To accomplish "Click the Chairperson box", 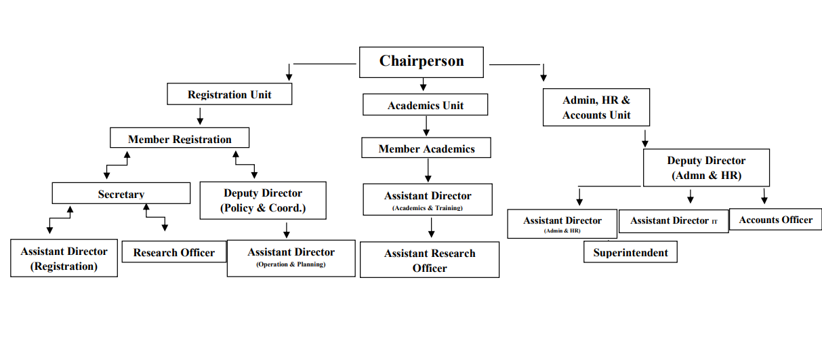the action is [422, 62].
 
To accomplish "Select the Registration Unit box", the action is [229, 94].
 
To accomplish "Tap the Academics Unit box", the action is [426, 104].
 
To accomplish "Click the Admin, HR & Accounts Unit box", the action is [596, 107].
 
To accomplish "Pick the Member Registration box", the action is [180, 138].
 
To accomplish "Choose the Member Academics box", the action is [426, 148].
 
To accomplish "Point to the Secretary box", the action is [121, 193].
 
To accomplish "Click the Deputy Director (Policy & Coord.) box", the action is [263, 201].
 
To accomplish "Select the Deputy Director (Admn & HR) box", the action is [706, 167].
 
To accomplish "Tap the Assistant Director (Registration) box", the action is [64, 258].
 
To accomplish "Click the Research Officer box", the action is [174, 252].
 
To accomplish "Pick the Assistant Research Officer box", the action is [430, 260].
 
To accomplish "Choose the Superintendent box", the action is [630, 252].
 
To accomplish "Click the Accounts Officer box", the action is [775, 220].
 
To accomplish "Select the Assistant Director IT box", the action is [674, 221].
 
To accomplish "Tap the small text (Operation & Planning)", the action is [291, 264].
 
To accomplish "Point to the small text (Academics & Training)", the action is [428, 207].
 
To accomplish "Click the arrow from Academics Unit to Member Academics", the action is [426, 126].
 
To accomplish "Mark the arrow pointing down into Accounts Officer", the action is [764, 197].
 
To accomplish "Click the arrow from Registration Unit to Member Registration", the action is [200, 117].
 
